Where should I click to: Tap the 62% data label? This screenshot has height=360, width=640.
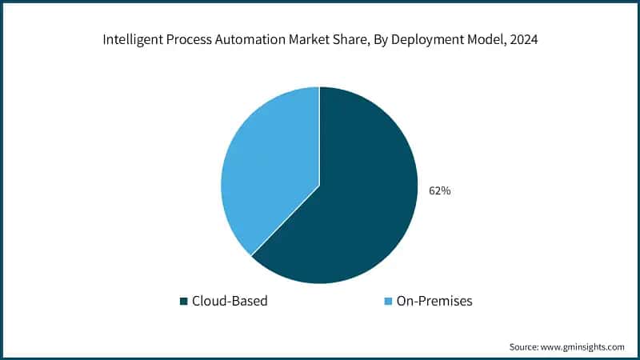tap(439, 191)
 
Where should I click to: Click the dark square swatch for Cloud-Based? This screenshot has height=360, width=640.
tap(184, 302)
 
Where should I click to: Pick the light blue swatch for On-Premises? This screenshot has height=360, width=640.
tap(389, 302)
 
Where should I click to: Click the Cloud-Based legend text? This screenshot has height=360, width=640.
tap(229, 302)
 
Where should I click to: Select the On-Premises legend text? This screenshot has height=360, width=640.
tap(434, 302)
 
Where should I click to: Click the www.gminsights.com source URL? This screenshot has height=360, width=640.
tap(584, 347)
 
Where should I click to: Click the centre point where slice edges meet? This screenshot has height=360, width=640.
tap(319, 186)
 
